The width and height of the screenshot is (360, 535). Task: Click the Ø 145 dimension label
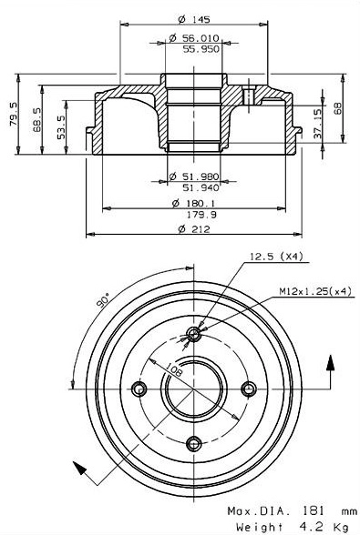[x=191, y=19]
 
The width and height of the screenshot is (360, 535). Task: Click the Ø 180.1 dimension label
[x=190, y=204]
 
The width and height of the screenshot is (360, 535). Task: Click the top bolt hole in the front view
[x=193, y=334]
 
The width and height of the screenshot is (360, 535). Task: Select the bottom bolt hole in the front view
[x=193, y=443]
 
